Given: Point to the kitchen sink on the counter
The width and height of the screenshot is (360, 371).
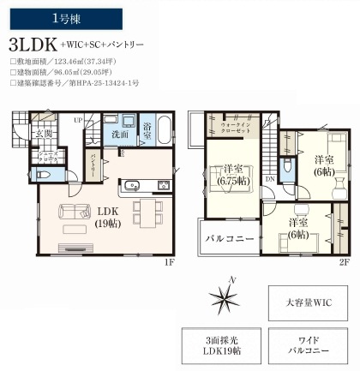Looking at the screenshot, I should click(134, 186).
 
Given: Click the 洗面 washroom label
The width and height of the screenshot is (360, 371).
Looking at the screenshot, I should click(120, 135).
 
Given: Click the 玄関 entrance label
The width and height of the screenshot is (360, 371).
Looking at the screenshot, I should click(44, 135).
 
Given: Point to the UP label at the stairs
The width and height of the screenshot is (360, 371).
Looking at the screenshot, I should click(78, 120).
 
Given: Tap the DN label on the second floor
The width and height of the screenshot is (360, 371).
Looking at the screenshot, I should click(271, 177).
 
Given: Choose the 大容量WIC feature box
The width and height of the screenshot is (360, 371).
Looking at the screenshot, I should click(309, 302).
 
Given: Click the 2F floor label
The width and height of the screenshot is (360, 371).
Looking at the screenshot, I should click(345, 262).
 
